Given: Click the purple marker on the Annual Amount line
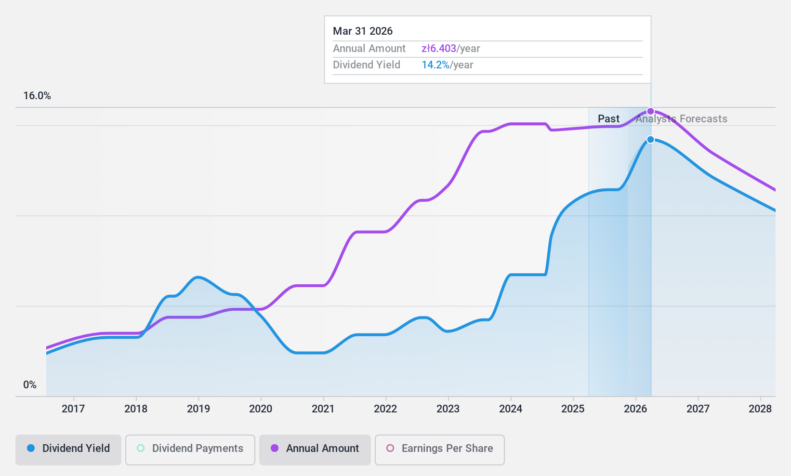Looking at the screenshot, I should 650,111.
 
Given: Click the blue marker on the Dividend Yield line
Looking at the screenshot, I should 650,140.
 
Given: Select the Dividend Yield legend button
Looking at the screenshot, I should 68,449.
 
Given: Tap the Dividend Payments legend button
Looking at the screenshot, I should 190,449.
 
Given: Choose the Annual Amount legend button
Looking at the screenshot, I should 315,449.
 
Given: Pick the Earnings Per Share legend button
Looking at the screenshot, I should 439,449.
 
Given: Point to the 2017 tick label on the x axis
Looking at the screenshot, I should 73,409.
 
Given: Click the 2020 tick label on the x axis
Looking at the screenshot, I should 261,409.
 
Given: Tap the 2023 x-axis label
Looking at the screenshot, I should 448,409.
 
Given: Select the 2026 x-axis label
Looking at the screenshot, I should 635,409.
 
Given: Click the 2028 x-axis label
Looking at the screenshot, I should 760,409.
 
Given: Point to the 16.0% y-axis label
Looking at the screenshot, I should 37,96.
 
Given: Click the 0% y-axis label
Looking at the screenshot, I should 30,385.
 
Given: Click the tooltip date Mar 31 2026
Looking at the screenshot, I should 363,31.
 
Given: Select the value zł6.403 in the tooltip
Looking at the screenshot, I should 439,49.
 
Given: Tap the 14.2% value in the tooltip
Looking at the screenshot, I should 435,65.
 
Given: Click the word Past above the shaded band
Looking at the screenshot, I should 608,119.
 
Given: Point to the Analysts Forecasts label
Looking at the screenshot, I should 681,119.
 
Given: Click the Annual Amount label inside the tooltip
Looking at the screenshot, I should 369,49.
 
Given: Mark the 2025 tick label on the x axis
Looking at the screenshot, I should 573,409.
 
